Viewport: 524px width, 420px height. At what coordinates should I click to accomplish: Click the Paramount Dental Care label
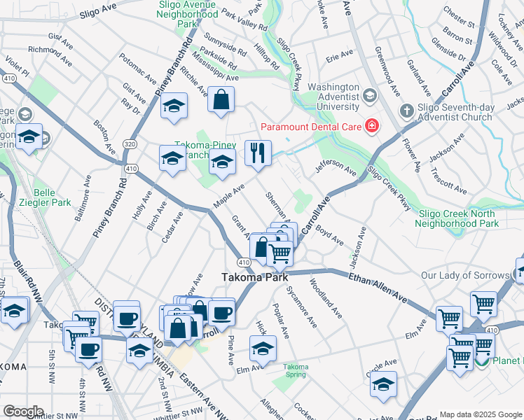point(310,127)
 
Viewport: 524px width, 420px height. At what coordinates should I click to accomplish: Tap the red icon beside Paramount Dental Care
point(372,127)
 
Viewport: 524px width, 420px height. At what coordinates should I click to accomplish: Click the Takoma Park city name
point(255,277)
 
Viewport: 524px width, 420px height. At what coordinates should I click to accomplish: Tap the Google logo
point(22,412)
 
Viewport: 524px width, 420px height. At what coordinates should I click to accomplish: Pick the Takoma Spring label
point(296,370)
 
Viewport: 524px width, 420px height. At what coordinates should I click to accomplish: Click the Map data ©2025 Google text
point(480,414)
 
